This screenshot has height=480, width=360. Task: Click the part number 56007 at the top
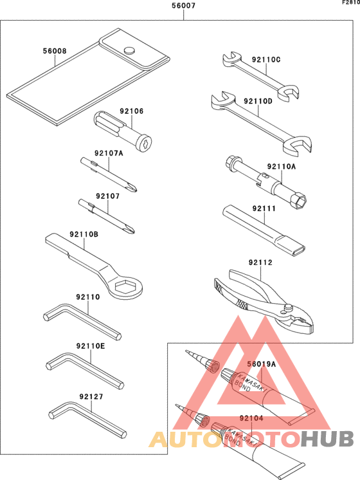(x=184, y=6)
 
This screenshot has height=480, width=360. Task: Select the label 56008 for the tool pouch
(x=55, y=51)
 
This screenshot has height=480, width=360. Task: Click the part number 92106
(x=131, y=111)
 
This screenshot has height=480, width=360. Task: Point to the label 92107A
(x=109, y=153)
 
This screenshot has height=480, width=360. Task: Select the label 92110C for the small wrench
(x=266, y=60)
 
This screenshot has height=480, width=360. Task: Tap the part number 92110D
(x=258, y=102)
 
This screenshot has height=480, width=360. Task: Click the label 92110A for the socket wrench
(x=282, y=166)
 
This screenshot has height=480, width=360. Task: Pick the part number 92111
(x=264, y=208)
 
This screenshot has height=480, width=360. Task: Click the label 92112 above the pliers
(x=261, y=263)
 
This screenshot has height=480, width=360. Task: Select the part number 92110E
(x=90, y=346)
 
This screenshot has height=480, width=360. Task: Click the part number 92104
(x=252, y=418)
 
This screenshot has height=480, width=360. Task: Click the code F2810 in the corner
(x=350, y=3)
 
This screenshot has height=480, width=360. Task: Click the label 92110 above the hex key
(x=87, y=297)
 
